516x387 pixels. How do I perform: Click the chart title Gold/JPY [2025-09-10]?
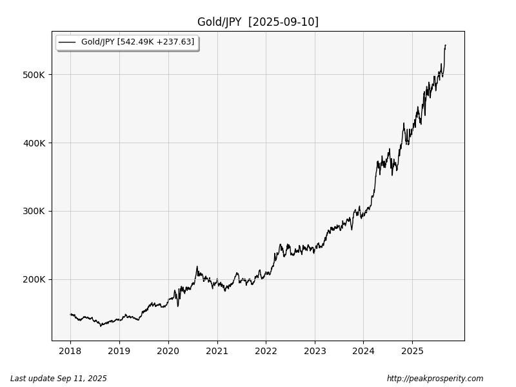coord(257,22)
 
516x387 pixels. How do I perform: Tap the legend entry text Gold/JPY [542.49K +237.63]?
coord(137,42)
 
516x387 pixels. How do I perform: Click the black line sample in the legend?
coord(67,43)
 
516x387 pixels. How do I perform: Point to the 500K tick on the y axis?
coord(33,75)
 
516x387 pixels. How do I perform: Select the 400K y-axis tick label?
coord(33,143)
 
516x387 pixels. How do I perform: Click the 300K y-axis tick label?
coord(33,211)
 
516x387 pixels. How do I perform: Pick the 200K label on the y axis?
coord(33,279)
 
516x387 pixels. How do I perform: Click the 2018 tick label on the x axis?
coord(70,352)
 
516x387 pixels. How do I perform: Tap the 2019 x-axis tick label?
coord(119,352)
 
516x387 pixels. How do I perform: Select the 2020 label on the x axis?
coord(168,352)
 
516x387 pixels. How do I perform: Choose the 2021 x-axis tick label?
coord(217,352)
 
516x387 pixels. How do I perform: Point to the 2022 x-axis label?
coord(266,352)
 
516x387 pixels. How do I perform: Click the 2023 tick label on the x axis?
coord(314,352)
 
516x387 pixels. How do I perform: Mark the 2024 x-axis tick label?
coord(363,352)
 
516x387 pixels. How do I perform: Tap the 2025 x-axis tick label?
coord(412,352)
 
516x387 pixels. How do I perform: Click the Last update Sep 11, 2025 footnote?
coord(59,379)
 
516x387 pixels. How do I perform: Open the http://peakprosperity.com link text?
coord(435,379)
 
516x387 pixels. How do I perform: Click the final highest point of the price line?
coord(445,45)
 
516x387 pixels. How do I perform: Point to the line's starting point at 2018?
coord(70,314)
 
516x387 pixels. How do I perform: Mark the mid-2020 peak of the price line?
coord(197,266)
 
